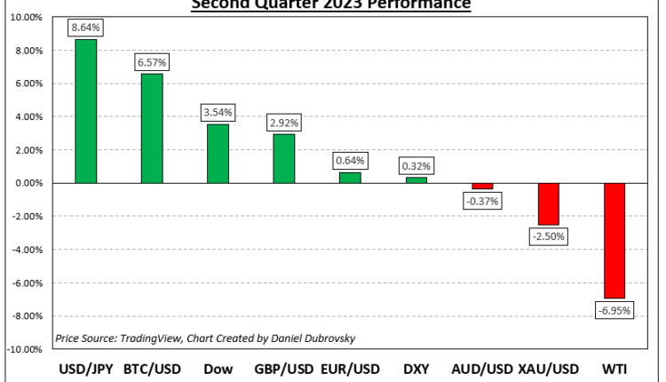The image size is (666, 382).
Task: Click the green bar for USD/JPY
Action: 87,111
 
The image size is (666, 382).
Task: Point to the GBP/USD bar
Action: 284,158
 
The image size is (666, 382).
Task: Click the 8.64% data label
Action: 87,28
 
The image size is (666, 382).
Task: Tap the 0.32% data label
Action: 416,165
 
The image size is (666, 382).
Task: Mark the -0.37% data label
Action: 481,201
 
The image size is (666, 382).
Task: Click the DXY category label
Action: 416,370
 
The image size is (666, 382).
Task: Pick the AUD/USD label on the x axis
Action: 480,370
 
